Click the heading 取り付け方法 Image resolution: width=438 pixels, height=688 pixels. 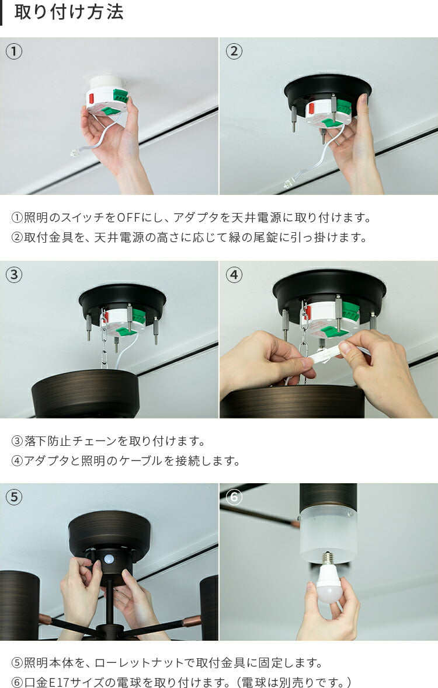click(x=69, y=12)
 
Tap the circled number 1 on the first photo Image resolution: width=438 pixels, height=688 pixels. click(x=14, y=52)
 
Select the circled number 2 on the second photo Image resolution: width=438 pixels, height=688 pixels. click(x=234, y=52)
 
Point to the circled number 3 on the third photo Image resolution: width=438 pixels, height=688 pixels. click(x=14, y=275)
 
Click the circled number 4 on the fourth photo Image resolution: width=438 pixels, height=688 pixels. click(x=234, y=275)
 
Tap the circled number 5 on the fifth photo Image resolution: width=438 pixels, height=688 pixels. click(x=14, y=497)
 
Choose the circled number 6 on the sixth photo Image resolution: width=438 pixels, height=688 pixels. click(x=234, y=497)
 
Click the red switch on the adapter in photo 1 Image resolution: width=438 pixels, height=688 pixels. click(x=91, y=98)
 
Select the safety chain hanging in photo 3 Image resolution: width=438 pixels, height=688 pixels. click(x=104, y=338)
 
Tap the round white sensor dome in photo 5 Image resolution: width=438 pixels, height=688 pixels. click(x=109, y=559)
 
